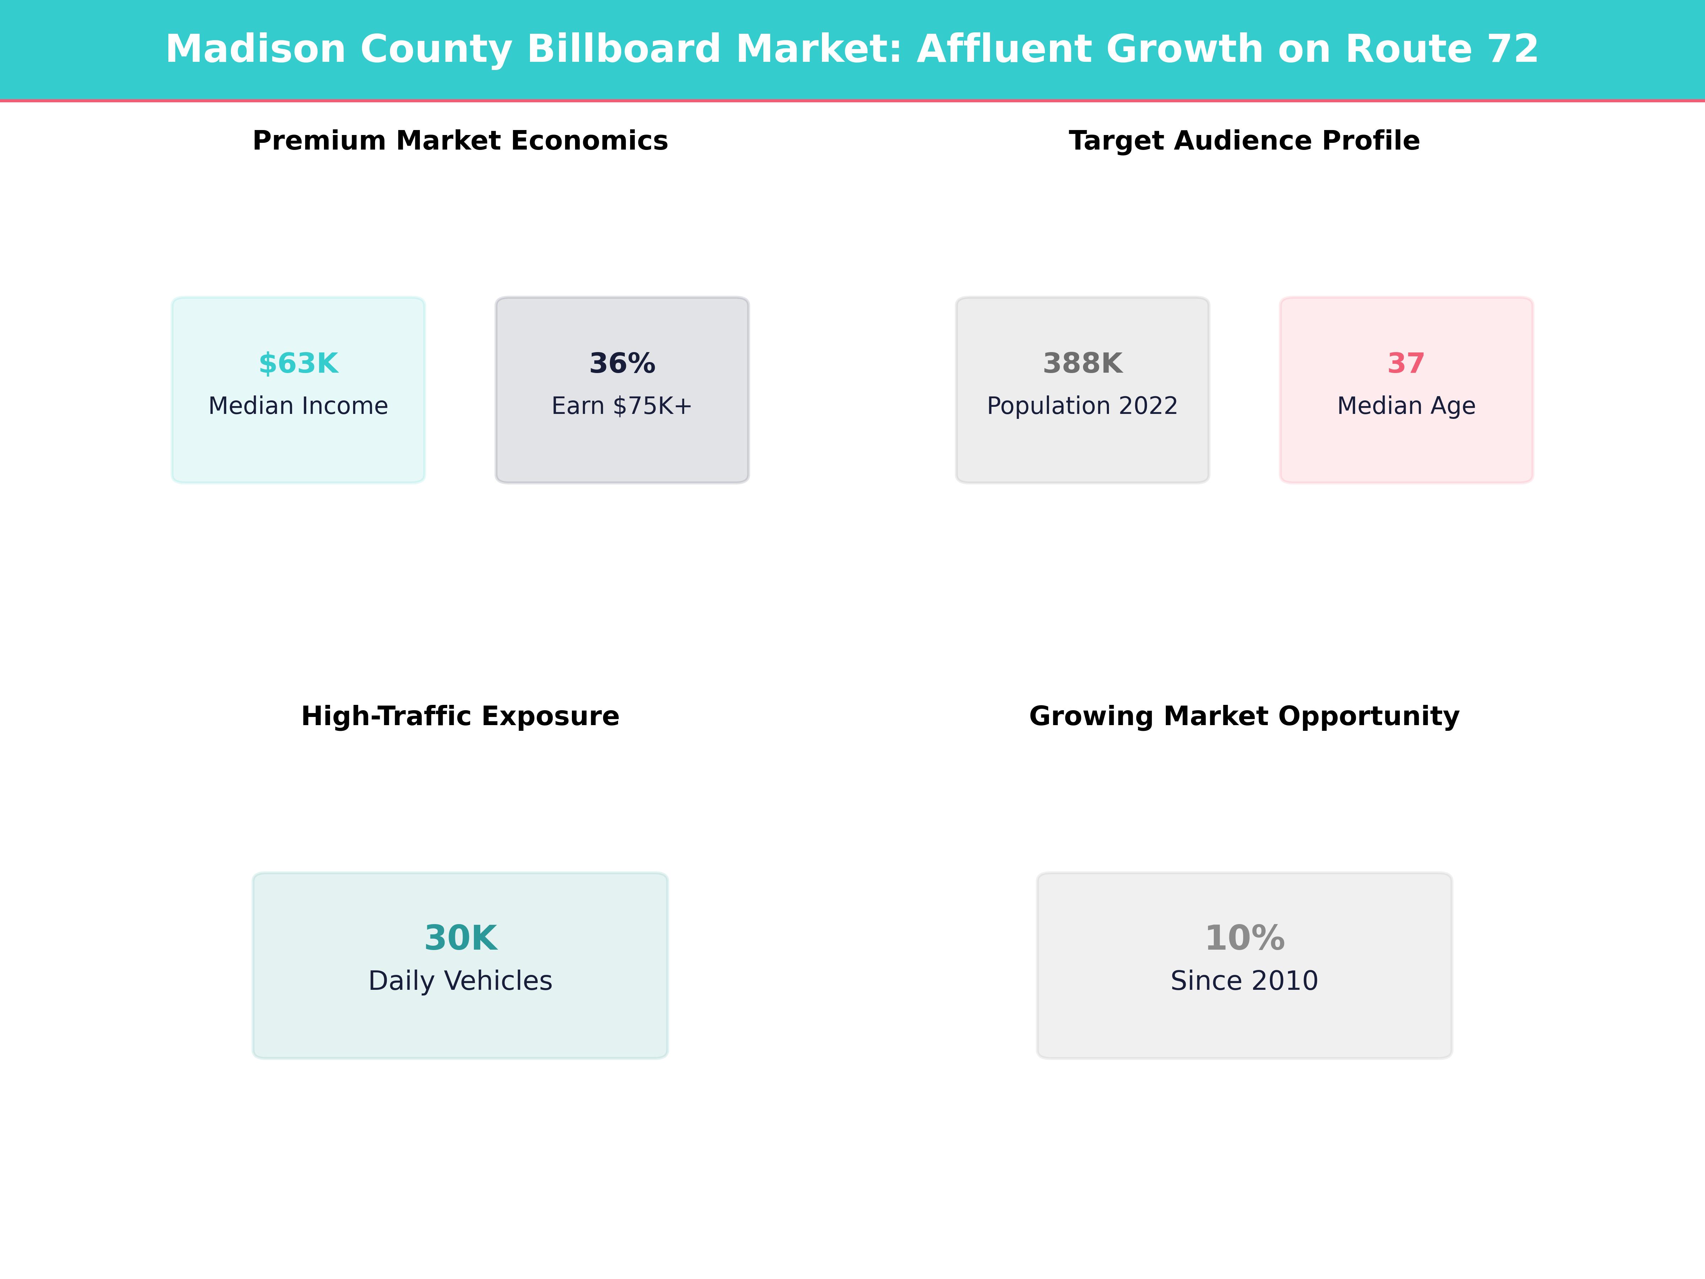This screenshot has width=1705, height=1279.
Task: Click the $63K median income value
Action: point(298,363)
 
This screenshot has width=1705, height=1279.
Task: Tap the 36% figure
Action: point(622,363)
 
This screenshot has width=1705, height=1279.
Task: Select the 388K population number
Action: point(1082,363)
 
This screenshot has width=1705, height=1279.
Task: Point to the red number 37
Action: point(1406,363)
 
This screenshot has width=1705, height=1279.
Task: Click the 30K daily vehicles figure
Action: point(460,938)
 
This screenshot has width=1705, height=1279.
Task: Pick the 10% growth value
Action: point(1244,938)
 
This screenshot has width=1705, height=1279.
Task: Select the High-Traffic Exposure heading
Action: point(460,716)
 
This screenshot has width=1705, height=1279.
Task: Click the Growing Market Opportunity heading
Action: point(1244,716)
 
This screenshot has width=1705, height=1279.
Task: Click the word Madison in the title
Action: point(255,49)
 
